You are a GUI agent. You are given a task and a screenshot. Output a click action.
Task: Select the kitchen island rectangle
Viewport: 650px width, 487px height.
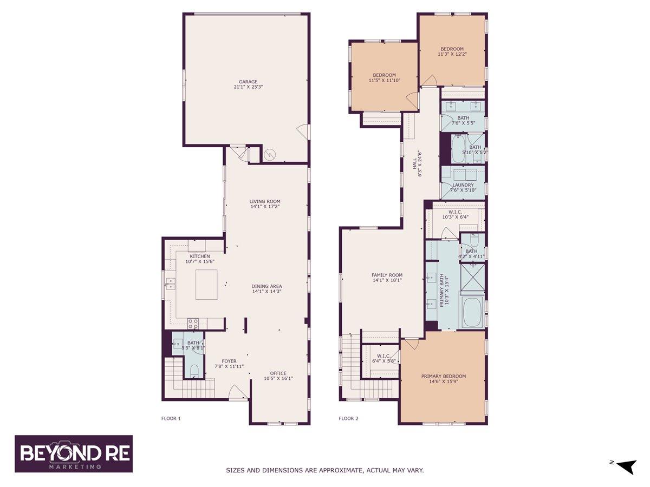click(206, 285)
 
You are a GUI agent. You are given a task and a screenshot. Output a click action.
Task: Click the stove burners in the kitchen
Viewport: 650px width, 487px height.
click(193, 324)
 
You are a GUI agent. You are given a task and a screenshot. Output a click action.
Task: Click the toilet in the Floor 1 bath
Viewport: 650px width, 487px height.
click(194, 371)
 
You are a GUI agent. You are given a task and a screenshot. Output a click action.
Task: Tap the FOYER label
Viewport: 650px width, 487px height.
click(229, 361)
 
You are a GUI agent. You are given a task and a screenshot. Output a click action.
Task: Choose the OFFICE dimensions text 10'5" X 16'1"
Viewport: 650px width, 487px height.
click(278, 379)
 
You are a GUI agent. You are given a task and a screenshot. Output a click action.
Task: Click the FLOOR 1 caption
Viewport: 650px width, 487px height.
click(171, 418)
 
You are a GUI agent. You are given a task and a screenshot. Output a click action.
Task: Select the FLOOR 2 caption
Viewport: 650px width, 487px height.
click(348, 418)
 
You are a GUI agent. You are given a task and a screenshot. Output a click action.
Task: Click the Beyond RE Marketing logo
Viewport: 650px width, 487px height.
click(74, 453)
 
